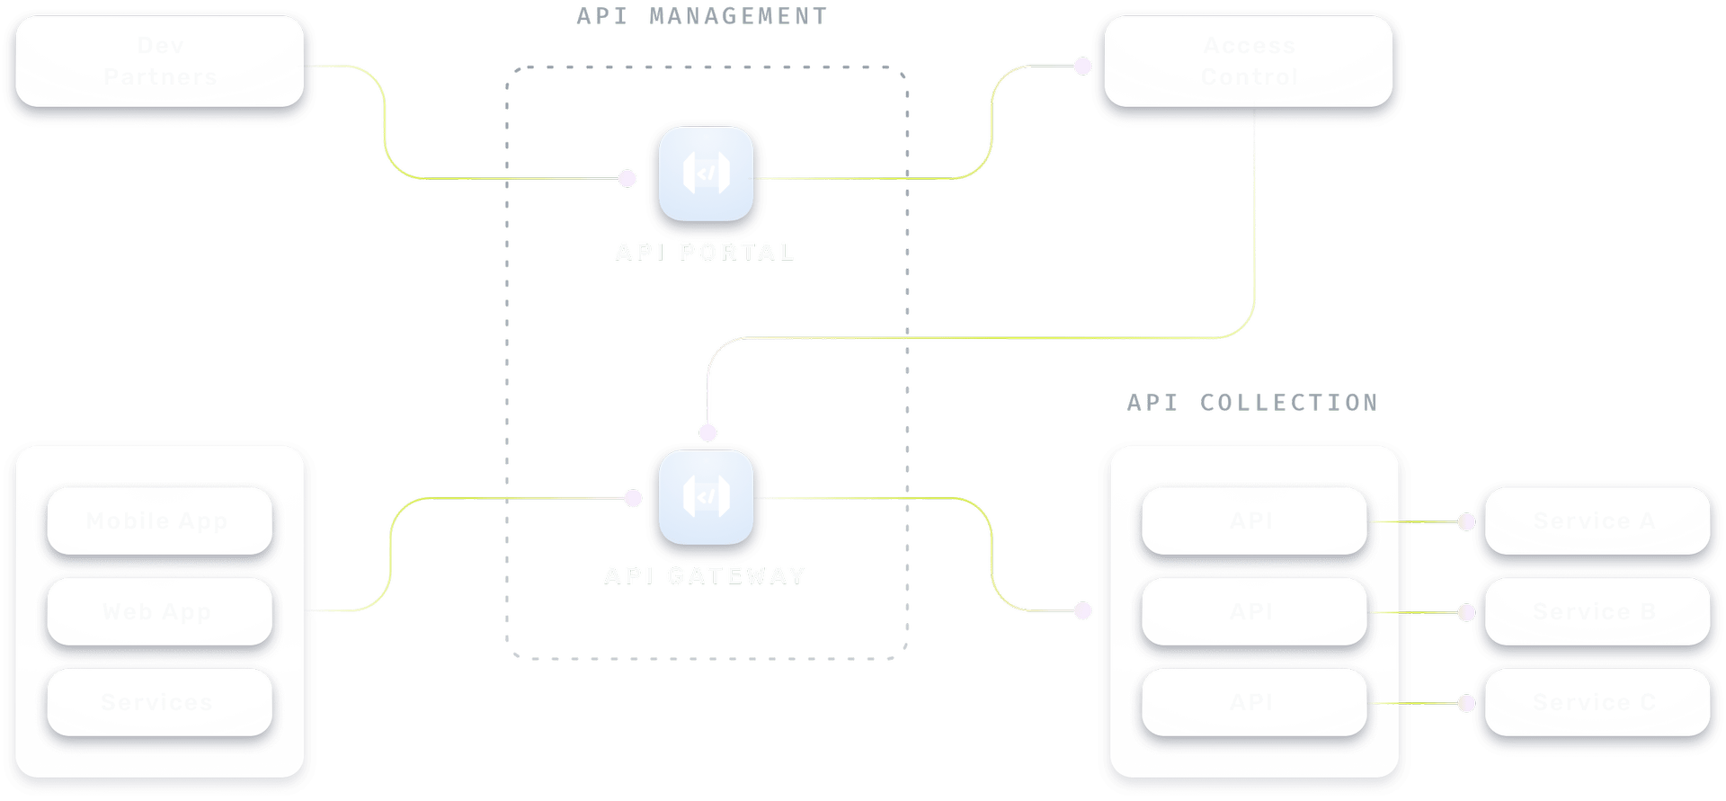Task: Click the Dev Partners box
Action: pyautogui.click(x=160, y=62)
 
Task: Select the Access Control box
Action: pyautogui.click(x=1249, y=62)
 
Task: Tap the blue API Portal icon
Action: pyautogui.click(x=706, y=174)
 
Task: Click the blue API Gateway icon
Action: pyautogui.click(x=706, y=497)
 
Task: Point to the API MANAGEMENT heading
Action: pyautogui.click(x=701, y=16)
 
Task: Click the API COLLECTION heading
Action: pyautogui.click(x=1252, y=403)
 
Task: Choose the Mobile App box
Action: pyautogui.click(x=159, y=521)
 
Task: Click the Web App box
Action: pyautogui.click(x=159, y=612)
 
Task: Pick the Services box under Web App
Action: pyautogui.click(x=159, y=702)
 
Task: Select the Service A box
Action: pyautogui.click(x=1596, y=521)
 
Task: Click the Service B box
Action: pyautogui.click(x=1596, y=612)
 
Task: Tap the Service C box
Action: pyautogui.click(x=1596, y=702)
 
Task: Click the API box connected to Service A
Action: pyautogui.click(x=1253, y=521)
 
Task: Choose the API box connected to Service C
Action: pyautogui.click(x=1253, y=702)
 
